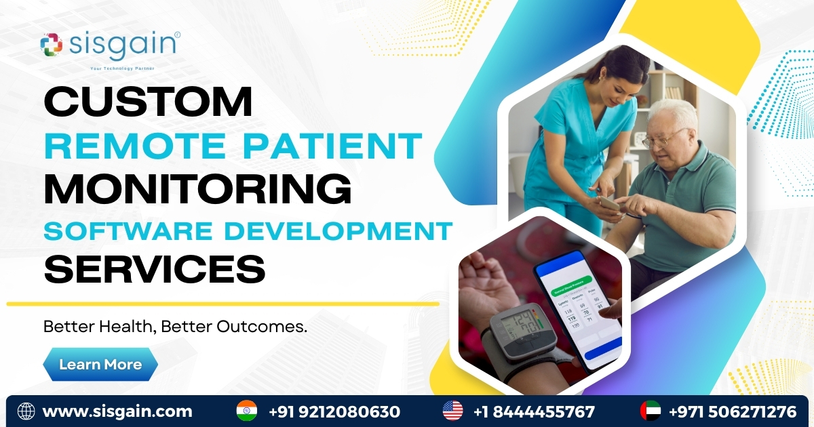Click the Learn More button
click(x=100, y=365)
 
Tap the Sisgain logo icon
click(x=52, y=45)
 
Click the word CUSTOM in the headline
click(x=148, y=102)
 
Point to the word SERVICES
click(x=155, y=269)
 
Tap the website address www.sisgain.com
click(x=117, y=411)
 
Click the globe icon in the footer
click(x=26, y=411)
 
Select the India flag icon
click(x=247, y=411)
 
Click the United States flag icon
click(x=452, y=411)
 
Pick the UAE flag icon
click(x=651, y=411)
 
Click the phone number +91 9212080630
click(x=334, y=411)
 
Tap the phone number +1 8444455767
click(x=534, y=411)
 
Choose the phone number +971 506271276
click(x=733, y=411)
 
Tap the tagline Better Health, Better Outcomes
click(x=176, y=327)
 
